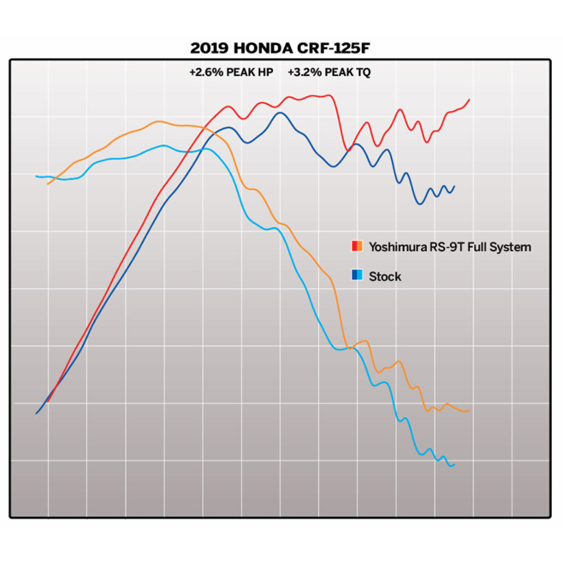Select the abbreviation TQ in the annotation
[x=364, y=73]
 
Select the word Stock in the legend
[x=385, y=276]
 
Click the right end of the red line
[x=470, y=100]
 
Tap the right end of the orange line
[x=470, y=410]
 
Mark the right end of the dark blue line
[x=454, y=186]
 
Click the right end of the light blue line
[x=454, y=464]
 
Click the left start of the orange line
[x=48, y=184]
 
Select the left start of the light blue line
[x=37, y=176]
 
